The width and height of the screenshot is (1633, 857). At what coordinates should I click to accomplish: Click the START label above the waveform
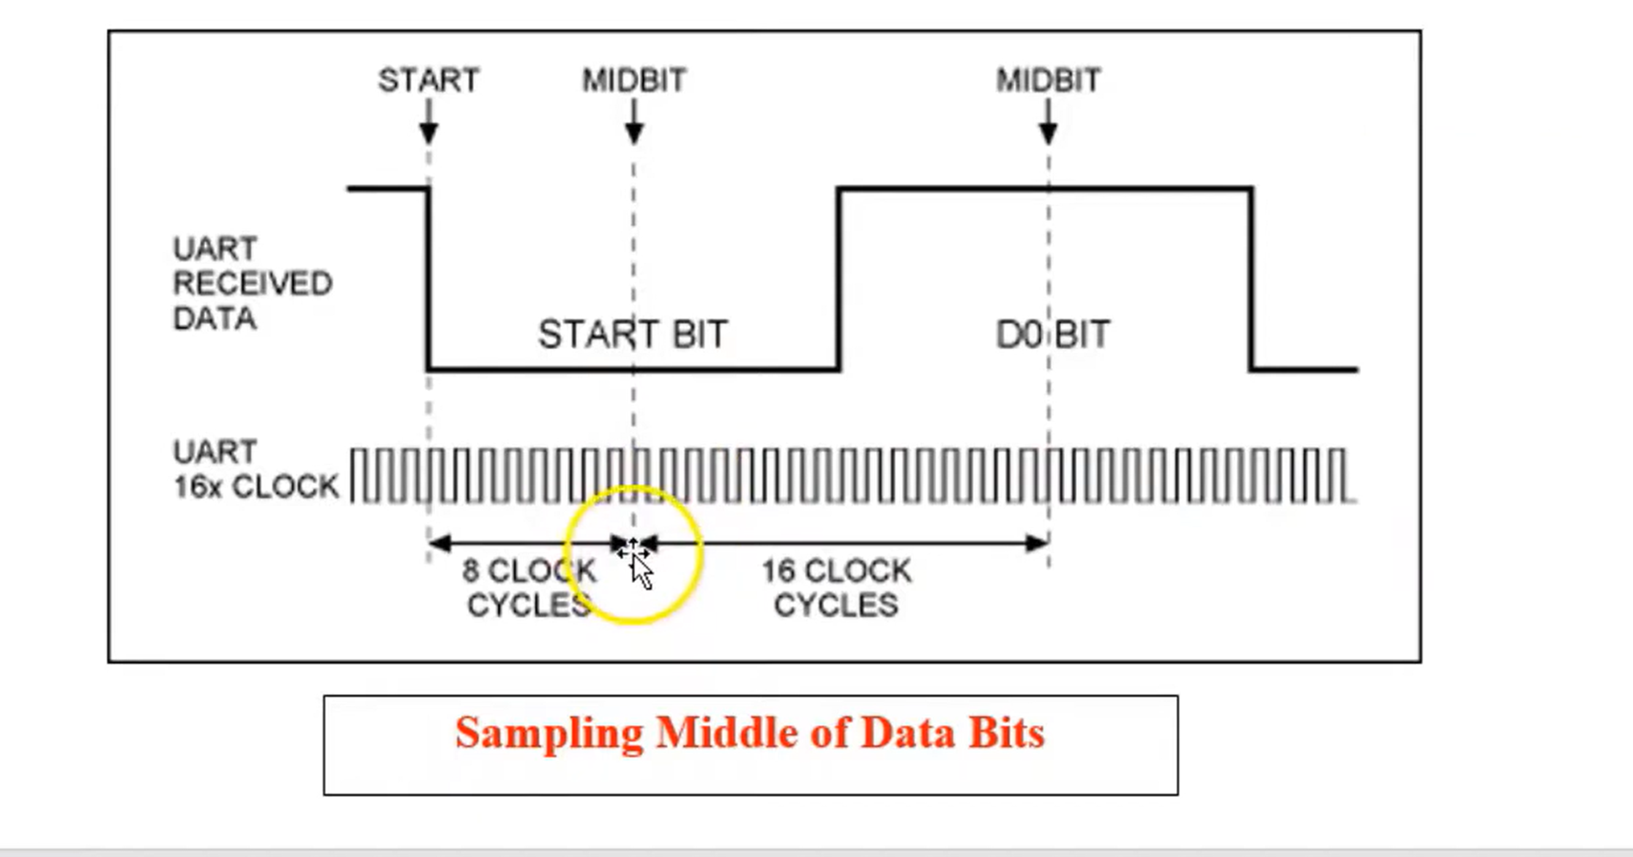(x=428, y=81)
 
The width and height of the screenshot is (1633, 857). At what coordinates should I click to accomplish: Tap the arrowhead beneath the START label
(x=429, y=133)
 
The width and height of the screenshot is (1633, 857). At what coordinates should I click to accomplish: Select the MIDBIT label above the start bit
(x=634, y=81)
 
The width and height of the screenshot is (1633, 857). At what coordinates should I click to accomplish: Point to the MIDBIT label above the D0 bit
(x=1049, y=81)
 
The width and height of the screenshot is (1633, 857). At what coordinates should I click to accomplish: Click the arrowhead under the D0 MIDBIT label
(x=1049, y=133)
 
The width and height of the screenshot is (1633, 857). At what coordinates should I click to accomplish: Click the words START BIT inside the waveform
(x=633, y=334)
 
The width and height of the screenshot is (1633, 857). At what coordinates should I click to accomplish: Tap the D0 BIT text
(x=1053, y=334)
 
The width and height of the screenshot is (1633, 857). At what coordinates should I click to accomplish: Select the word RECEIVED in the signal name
(x=252, y=283)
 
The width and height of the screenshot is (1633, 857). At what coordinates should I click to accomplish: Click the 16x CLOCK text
(x=256, y=487)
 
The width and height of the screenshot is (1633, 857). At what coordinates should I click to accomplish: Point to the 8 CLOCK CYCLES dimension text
(x=529, y=588)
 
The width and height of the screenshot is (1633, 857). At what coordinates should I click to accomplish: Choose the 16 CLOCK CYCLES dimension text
(x=837, y=588)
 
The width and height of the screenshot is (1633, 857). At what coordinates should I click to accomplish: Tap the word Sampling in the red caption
(x=549, y=733)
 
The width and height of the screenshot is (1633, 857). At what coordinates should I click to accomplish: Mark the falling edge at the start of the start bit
(x=429, y=279)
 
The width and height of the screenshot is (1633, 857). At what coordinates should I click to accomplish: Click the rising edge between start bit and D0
(x=839, y=279)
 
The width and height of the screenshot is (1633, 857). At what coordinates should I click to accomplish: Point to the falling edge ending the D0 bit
(x=1251, y=279)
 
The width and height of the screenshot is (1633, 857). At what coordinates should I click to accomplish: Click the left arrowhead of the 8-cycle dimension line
(x=439, y=543)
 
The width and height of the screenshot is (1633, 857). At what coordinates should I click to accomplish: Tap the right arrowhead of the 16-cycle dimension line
(x=1037, y=543)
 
